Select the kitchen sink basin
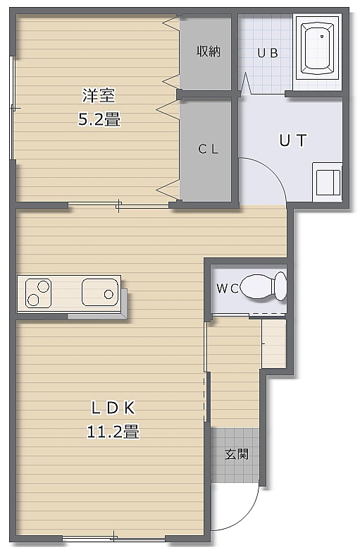(100, 292)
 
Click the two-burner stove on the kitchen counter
(39, 293)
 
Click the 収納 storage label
(209, 51)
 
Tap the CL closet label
(209, 149)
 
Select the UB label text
(268, 53)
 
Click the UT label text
(292, 140)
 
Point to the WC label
(228, 288)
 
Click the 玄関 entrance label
(237, 454)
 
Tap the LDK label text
(113, 408)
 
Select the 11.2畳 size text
(113, 432)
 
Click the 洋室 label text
(99, 96)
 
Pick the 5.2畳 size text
(99, 119)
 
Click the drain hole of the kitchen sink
(108, 294)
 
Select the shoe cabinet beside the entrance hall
(274, 343)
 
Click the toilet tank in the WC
(281, 286)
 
